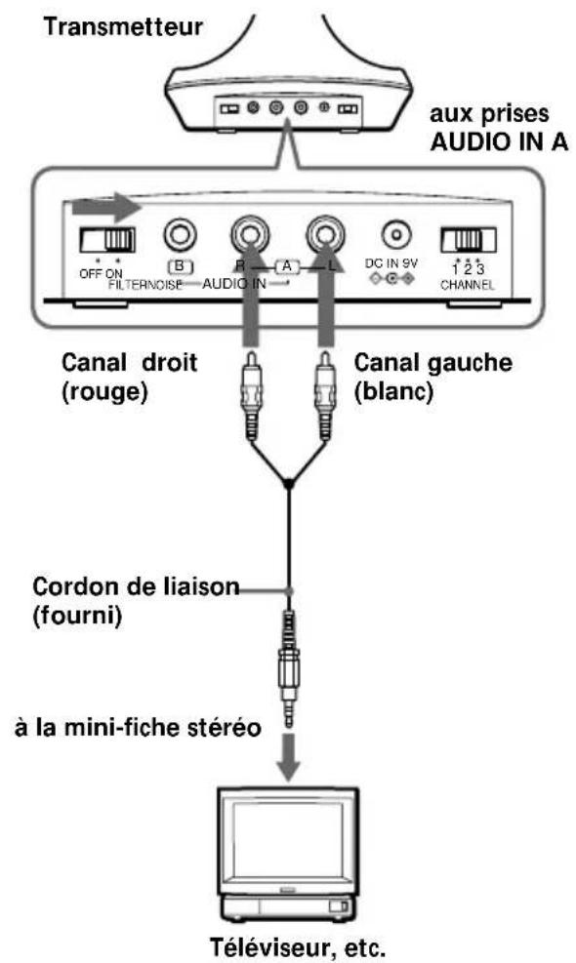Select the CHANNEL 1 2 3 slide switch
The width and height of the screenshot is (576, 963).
tap(469, 238)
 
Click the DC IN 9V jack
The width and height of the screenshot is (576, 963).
tap(396, 235)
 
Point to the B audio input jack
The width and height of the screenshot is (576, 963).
tap(181, 234)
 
